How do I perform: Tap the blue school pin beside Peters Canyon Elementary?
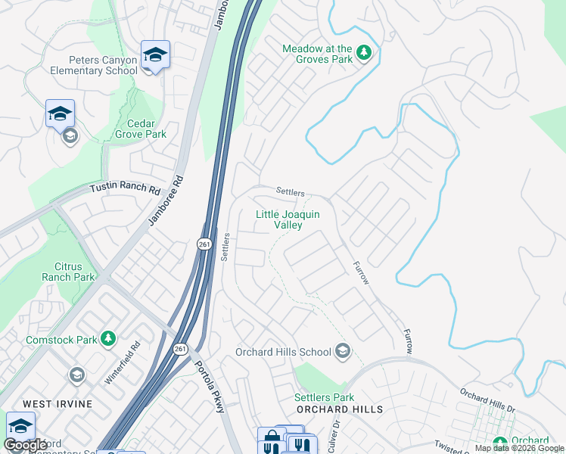pos(155,55)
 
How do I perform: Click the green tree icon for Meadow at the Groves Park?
pos(365,52)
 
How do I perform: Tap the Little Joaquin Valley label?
pos(288,219)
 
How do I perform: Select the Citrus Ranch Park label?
pos(75,272)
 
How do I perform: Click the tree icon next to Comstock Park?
pos(108,338)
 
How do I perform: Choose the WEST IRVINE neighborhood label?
pos(58,404)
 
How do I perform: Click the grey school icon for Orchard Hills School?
pos(343,350)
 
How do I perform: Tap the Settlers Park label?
pos(324,397)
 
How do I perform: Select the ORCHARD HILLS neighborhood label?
pos(340,409)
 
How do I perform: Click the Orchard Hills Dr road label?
pos(487,401)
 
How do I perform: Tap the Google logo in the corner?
pos(26,445)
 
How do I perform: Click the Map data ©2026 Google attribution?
pos(519,449)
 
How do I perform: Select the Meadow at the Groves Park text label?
pos(317,54)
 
